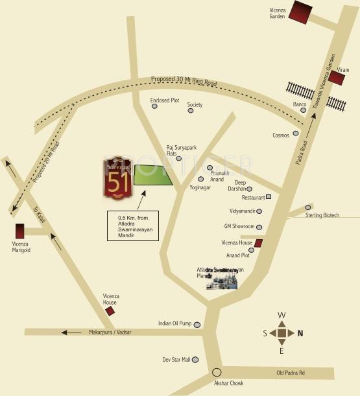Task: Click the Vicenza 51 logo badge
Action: tap(118, 178)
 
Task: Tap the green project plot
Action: tap(153, 176)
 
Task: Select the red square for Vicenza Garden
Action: tap(300, 13)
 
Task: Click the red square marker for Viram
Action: tap(337, 78)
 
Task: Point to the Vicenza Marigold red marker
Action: tap(20, 231)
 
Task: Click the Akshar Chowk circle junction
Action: tap(217, 372)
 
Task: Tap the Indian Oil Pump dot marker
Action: tap(197, 324)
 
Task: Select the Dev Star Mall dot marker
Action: tap(195, 360)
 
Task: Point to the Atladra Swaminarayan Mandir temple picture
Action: tap(222, 279)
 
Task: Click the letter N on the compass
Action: tap(300, 334)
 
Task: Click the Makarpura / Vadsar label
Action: tap(110, 332)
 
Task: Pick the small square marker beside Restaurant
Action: tap(268, 196)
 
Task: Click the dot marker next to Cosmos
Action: tap(296, 134)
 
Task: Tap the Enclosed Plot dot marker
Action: tap(154, 106)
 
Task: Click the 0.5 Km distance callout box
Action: tap(132, 226)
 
